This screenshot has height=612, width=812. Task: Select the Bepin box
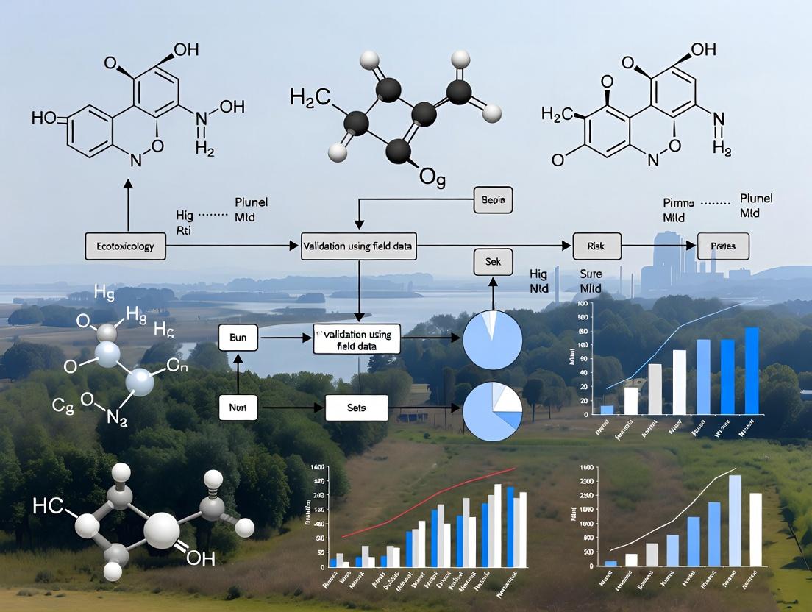coord(493,200)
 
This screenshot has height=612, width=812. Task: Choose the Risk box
coord(596,246)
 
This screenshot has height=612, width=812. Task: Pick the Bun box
coord(238,339)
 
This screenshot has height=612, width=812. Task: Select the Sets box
coord(356,407)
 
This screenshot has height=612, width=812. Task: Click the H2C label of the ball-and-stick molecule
coord(311,96)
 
